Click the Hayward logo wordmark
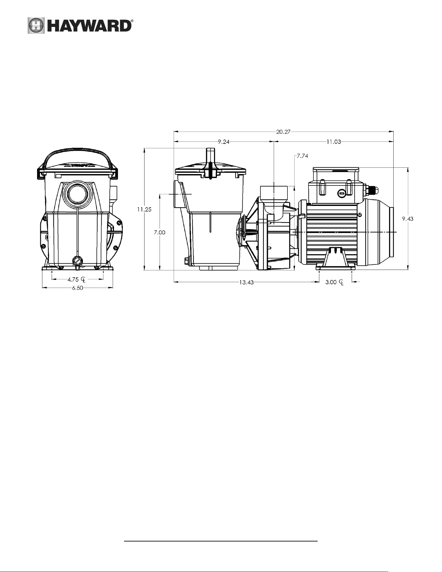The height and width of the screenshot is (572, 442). click(89, 25)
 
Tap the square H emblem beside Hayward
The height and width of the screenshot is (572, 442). click(36, 25)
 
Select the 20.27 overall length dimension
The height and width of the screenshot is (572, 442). click(283, 132)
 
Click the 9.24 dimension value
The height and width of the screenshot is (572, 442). click(224, 142)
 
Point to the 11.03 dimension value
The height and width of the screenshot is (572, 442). click(334, 142)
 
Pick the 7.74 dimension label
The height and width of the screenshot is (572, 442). click(302, 156)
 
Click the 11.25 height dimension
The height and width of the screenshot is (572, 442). click(144, 210)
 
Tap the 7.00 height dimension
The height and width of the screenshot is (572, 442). click(159, 232)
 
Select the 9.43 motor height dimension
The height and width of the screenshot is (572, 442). click(408, 219)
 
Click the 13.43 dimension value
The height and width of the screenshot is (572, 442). click(246, 282)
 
